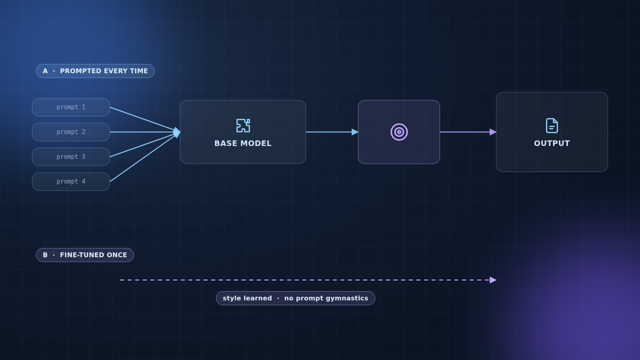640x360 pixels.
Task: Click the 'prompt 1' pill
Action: click(71, 107)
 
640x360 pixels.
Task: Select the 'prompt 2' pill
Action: click(71, 132)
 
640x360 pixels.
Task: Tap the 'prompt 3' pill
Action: click(71, 157)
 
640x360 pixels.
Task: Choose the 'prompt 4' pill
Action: click(71, 182)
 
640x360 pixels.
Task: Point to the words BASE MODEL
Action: click(243, 144)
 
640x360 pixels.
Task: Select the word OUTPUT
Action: click(552, 144)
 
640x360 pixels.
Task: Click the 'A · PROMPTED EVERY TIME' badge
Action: click(95, 71)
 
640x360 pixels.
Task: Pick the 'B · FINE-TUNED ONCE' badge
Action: click(85, 255)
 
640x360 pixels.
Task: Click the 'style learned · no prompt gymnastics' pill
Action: click(296, 298)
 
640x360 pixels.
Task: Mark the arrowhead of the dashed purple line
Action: click(493, 280)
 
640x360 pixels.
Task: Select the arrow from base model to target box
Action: click(332, 132)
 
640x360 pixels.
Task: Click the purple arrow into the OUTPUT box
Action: click(468, 132)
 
